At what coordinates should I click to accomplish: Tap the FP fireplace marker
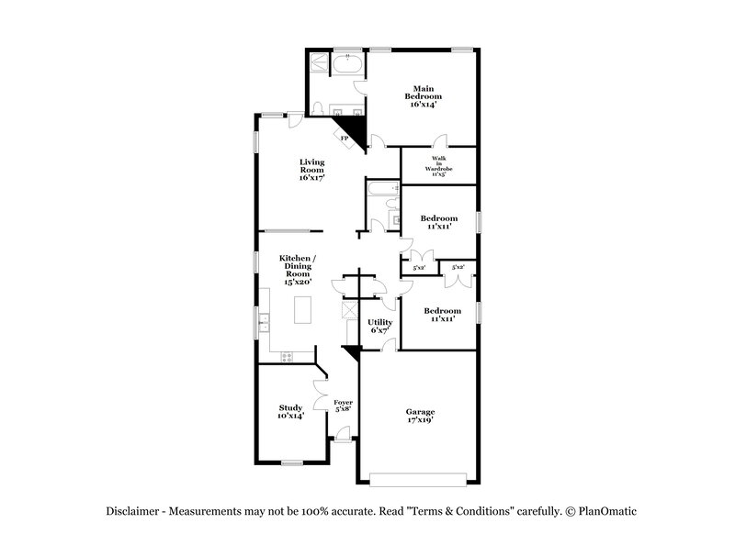point(344,139)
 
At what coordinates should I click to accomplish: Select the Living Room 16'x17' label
point(312,170)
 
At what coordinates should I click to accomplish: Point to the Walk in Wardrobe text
point(439,166)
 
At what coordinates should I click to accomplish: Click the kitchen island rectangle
point(301,311)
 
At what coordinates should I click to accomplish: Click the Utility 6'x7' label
point(380,326)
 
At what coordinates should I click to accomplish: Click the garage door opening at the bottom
point(421,476)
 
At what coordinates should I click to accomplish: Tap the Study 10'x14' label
point(291,412)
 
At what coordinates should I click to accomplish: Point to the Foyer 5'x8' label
point(343,406)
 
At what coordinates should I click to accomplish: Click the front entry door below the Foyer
point(342,441)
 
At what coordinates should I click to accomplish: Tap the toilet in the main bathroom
point(316,109)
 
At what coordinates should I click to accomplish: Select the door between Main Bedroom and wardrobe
point(439,143)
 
